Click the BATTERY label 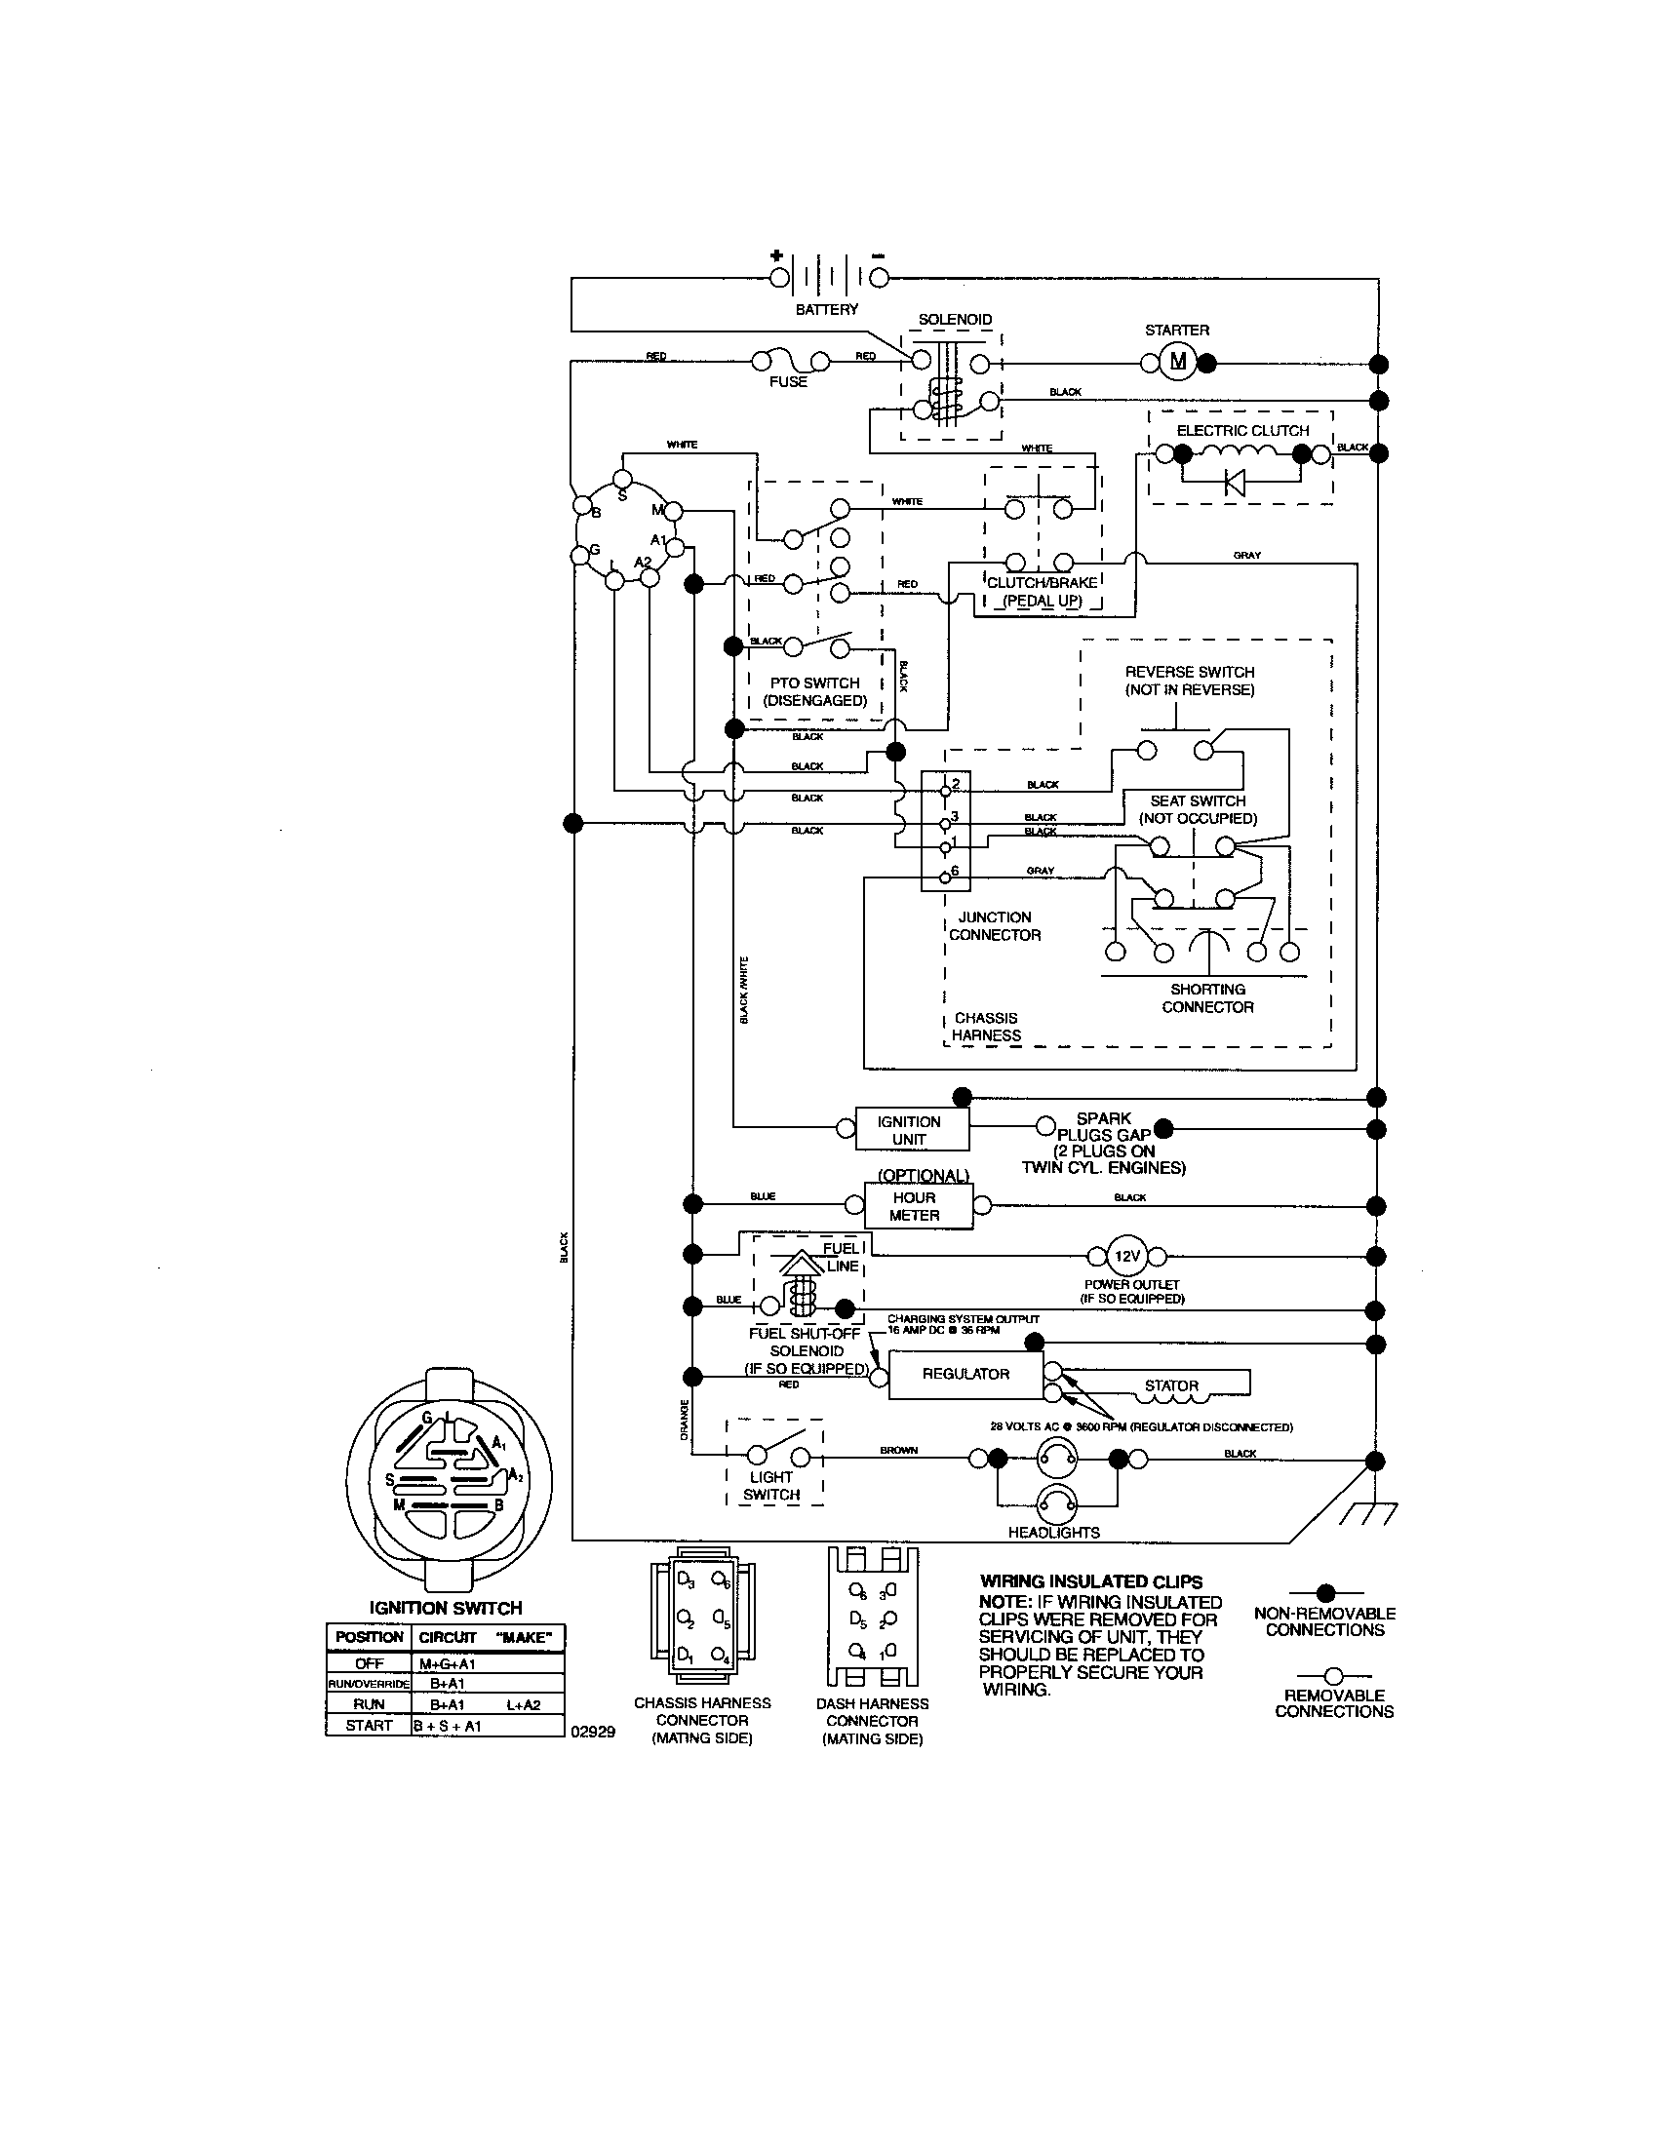click(x=826, y=309)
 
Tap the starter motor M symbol click(x=1178, y=363)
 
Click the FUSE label click(x=788, y=382)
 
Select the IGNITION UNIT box click(x=911, y=1129)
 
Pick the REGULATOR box click(x=965, y=1374)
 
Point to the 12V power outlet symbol click(x=1126, y=1256)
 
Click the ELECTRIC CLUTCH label click(x=1242, y=430)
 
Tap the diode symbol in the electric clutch click(x=1235, y=483)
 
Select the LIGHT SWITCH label click(x=771, y=1486)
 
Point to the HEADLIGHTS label click(x=1054, y=1532)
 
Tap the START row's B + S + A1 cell click(x=447, y=1726)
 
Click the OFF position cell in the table click(x=369, y=1663)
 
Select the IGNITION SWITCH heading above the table click(x=445, y=1608)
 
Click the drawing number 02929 click(x=592, y=1732)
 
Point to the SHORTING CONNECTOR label click(x=1207, y=997)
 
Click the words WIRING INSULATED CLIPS click(x=1091, y=1581)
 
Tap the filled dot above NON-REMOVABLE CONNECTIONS click(x=1325, y=1592)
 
